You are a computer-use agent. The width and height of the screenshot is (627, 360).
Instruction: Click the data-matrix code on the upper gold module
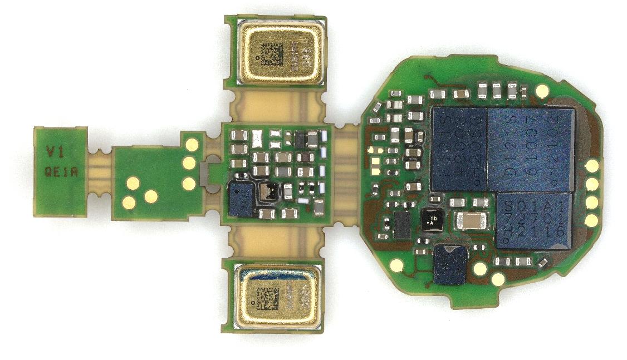(x=273, y=55)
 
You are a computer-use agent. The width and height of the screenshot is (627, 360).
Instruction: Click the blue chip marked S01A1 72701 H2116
(x=534, y=220)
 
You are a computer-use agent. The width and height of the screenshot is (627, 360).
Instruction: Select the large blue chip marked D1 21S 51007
(x=530, y=150)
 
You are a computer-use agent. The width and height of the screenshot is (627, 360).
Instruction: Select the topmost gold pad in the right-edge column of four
(x=592, y=165)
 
